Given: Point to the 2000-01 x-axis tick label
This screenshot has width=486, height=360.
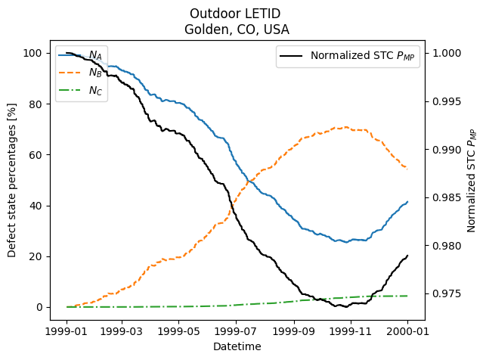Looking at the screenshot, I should point(407,331).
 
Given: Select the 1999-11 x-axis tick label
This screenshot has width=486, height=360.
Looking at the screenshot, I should point(351,331).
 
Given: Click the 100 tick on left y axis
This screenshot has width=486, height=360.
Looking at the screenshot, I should point(32,53).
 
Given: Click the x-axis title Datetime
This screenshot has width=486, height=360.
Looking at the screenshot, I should point(237,346).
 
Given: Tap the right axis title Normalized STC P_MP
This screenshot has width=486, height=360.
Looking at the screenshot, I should point(472,179).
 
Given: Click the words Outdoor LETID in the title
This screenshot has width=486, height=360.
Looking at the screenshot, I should point(237,14).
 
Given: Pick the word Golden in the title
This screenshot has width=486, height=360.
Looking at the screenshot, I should point(203,30).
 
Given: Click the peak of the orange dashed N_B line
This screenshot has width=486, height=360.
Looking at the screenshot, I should point(346,127).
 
